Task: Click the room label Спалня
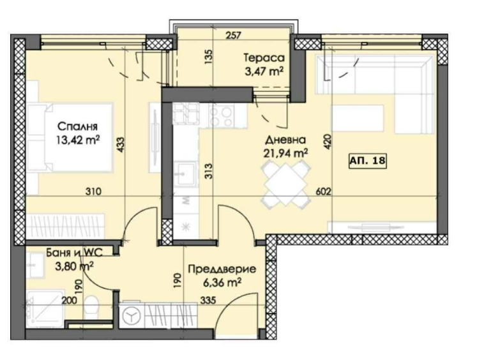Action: [x=76, y=126]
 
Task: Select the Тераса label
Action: [x=264, y=56]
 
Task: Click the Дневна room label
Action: [x=285, y=139]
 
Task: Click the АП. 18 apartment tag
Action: [x=367, y=161]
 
